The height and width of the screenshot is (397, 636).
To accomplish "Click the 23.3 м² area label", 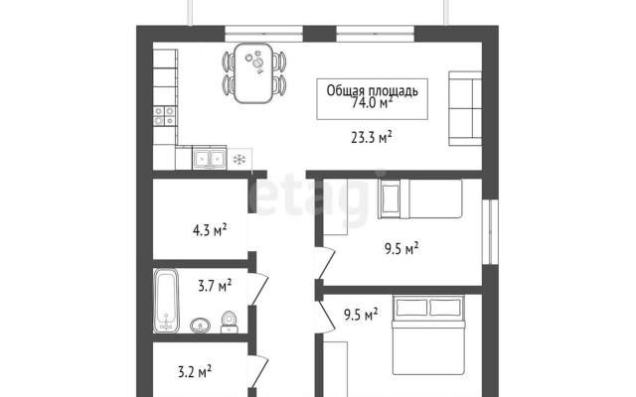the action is [371, 138].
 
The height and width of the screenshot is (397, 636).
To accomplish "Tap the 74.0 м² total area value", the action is [372, 103].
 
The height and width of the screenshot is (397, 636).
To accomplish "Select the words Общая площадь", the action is [372, 90].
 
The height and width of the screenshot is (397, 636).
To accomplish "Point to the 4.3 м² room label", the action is [210, 230].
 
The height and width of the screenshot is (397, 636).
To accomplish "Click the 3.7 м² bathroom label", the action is [215, 286].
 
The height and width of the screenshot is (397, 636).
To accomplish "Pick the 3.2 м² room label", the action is [195, 371].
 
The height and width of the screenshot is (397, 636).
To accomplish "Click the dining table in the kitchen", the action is [252, 72].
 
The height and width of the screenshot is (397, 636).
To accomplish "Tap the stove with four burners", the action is [165, 115].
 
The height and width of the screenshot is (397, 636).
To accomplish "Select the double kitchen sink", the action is [210, 158].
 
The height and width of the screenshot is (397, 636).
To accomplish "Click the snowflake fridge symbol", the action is [239, 159].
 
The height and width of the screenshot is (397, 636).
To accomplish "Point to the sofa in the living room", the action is [465, 108].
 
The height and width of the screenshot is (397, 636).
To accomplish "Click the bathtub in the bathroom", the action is [166, 301].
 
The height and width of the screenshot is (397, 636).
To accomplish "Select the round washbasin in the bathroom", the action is [200, 325].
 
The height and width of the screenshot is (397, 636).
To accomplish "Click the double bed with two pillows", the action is [428, 335].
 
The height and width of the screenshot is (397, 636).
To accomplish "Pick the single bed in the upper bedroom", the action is [419, 198].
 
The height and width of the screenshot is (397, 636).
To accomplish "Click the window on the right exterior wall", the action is [490, 232].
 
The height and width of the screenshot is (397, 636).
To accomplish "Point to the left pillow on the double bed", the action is [411, 307].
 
